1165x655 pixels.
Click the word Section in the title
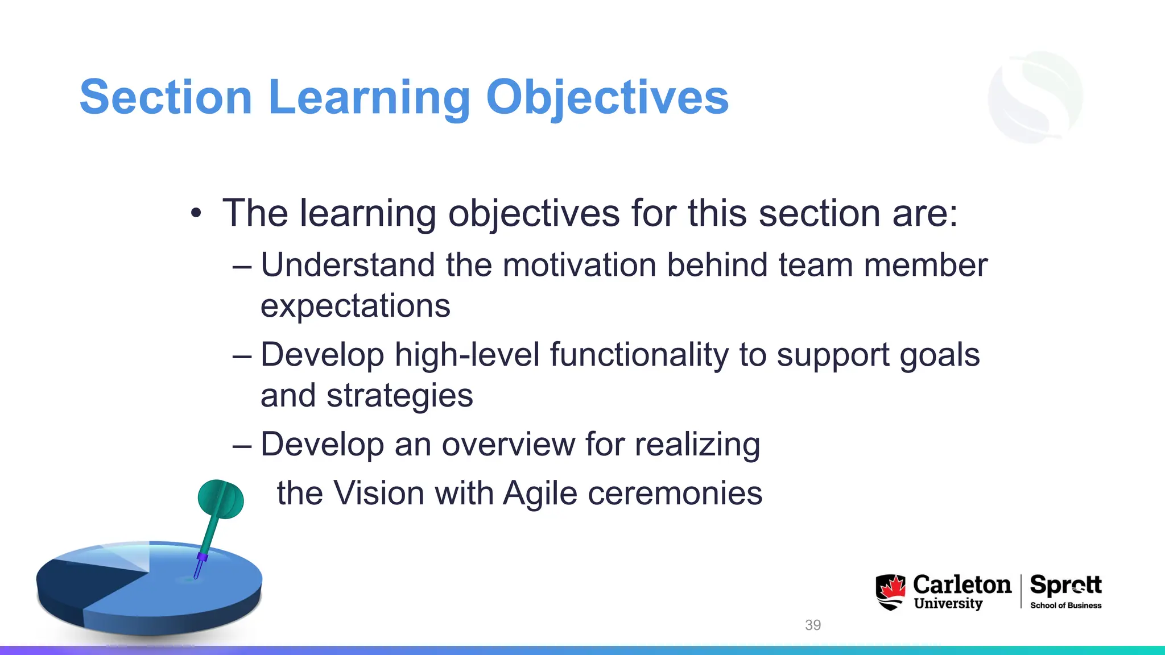click(166, 97)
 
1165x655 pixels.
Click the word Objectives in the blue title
click(607, 97)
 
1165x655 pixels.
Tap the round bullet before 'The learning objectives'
click(196, 214)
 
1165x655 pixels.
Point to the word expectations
click(355, 306)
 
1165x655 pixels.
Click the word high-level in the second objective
click(467, 355)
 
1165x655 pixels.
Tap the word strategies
click(399, 396)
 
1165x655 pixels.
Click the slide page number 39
click(813, 625)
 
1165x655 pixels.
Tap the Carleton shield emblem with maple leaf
click(890, 592)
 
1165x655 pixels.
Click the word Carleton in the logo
click(962, 584)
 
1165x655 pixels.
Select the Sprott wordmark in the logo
click(1065, 585)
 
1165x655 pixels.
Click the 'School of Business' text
click(1065, 606)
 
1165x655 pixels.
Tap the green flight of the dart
click(221, 499)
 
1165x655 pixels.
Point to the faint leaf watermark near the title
click(1035, 97)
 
